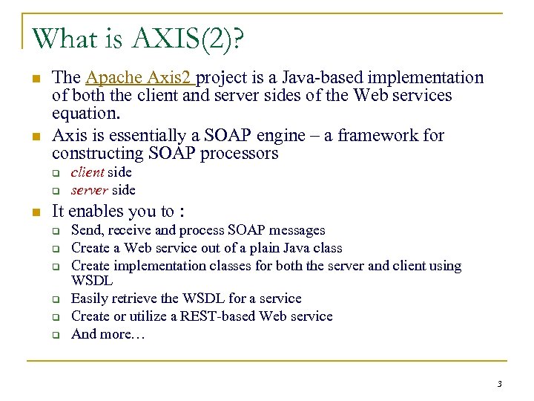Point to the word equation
click(84, 114)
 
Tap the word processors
click(242, 154)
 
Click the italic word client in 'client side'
click(88, 172)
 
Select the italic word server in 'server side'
click(89, 190)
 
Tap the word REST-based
click(225, 316)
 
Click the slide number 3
click(499, 383)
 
